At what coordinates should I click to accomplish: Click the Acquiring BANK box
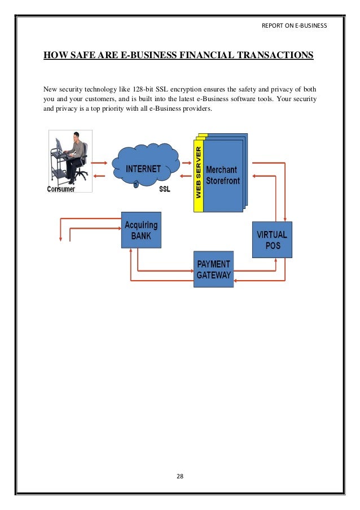coord(141,230)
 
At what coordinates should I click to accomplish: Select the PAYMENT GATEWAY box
coord(213,269)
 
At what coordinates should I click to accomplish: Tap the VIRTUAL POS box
coord(272,239)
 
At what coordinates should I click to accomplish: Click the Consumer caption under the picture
coord(61,189)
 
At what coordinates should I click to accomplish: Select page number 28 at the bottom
coord(180,477)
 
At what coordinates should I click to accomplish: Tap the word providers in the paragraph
coord(197,108)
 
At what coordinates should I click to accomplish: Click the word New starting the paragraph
coord(50,89)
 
